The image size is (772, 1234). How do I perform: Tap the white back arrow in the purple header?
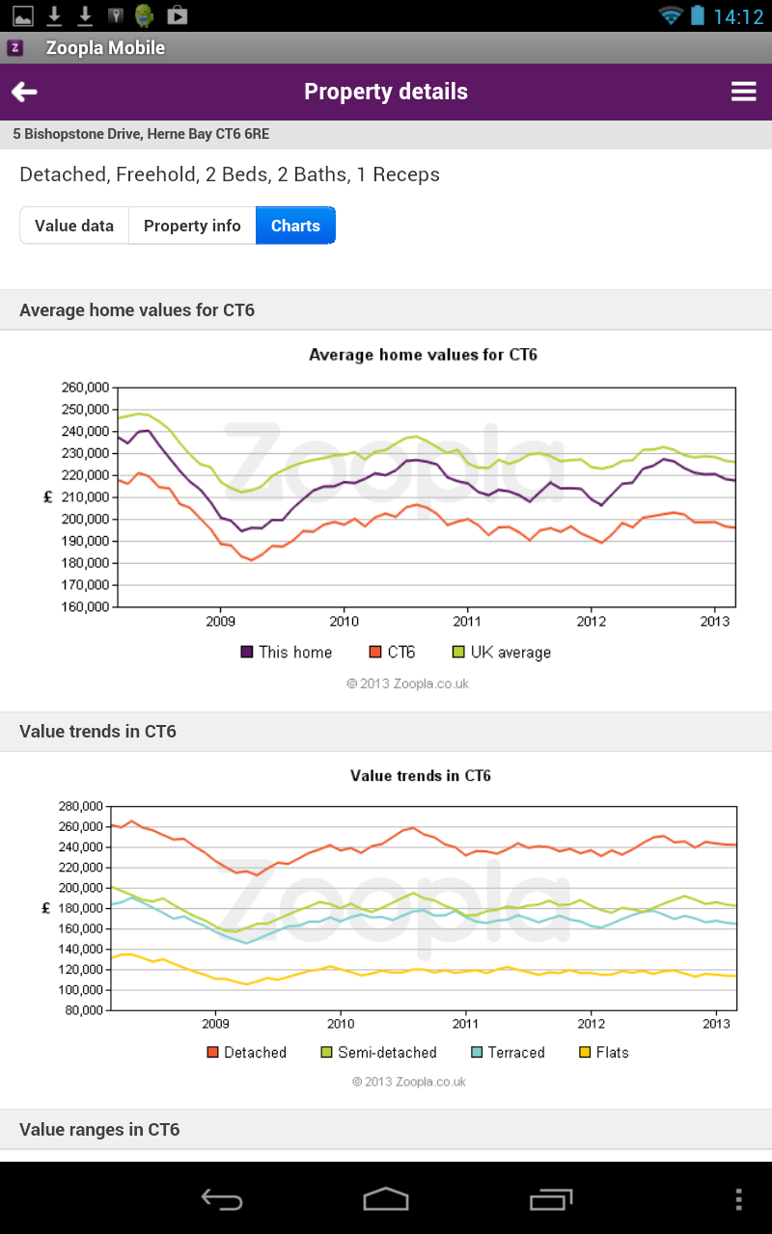tap(24, 92)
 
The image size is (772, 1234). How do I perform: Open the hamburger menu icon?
tap(743, 92)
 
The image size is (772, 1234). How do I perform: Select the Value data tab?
tap(74, 226)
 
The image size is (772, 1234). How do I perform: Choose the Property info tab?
tap(192, 226)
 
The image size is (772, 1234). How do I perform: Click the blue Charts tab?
tap(295, 226)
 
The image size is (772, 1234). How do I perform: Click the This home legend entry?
tap(287, 653)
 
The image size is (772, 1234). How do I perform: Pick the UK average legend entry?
tap(502, 653)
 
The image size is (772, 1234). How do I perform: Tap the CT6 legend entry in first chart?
tap(393, 653)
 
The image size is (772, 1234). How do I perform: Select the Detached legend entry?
tap(247, 1053)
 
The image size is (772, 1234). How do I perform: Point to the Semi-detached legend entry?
tap(378, 1053)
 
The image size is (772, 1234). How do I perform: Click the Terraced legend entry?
tap(508, 1053)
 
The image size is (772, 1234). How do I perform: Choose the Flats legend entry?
tap(603, 1053)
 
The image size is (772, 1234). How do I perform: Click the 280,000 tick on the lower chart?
tap(80, 806)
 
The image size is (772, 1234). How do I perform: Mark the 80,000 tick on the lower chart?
tap(83, 1010)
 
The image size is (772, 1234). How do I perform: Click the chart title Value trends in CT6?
tap(421, 776)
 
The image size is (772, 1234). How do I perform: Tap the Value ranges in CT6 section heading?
tap(99, 1129)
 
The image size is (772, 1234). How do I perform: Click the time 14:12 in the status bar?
tap(738, 16)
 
